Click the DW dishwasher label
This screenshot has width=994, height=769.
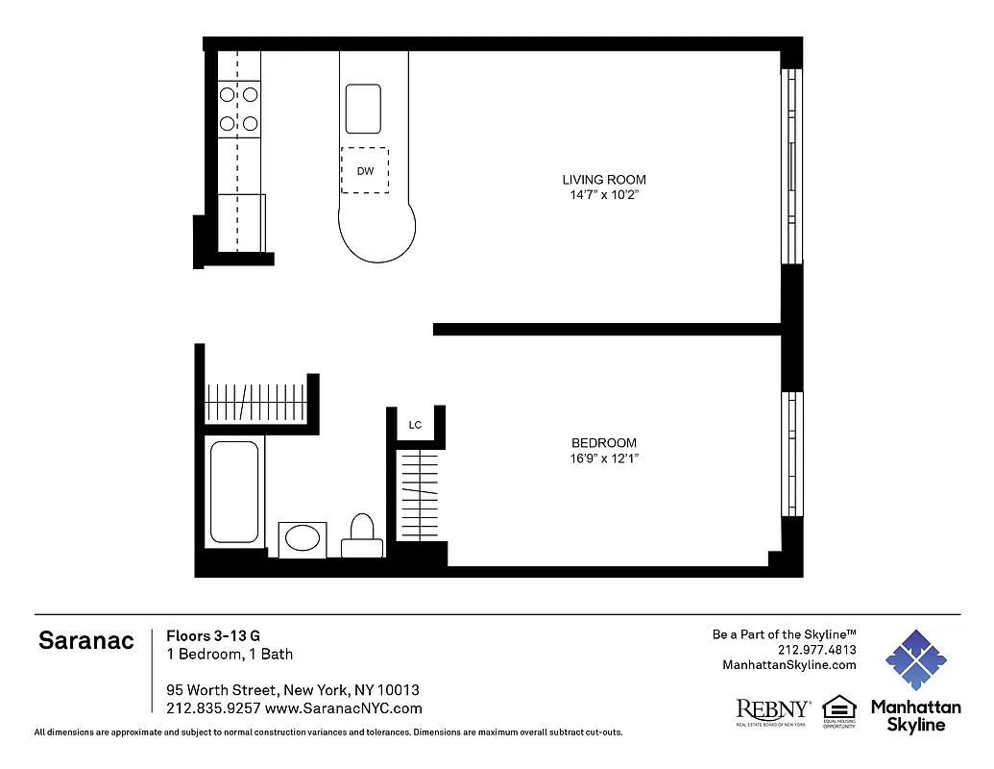pos(365,171)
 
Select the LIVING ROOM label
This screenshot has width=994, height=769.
pos(603,180)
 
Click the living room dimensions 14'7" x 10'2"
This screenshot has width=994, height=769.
pos(603,195)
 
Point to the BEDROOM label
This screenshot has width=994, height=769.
pos(603,443)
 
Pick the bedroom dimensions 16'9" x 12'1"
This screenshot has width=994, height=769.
pos(603,459)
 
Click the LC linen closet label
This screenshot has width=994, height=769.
pos(415,425)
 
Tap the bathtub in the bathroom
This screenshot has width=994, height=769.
pos(234,491)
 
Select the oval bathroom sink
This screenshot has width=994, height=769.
pos(303,538)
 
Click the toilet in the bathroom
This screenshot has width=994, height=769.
pos(362,533)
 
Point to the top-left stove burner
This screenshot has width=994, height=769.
pos(228,94)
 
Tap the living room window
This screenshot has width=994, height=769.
pos(791,165)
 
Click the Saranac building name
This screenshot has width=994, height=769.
pos(86,641)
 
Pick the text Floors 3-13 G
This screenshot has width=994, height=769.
pos(213,635)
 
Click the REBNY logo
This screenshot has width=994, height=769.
pos(772,709)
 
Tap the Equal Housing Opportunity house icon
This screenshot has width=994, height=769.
pos(839,707)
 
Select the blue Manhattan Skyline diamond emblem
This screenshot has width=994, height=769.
pos(915,660)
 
